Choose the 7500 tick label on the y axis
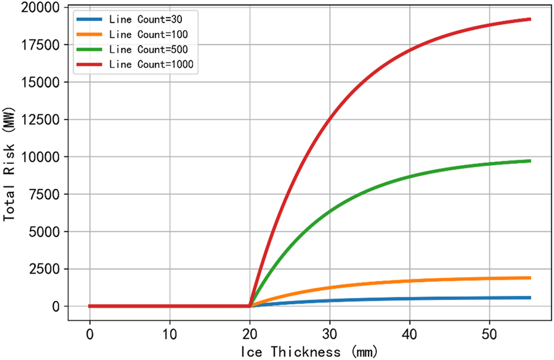point(45,194)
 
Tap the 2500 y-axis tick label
point(45,269)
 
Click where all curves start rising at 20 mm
point(249,306)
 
